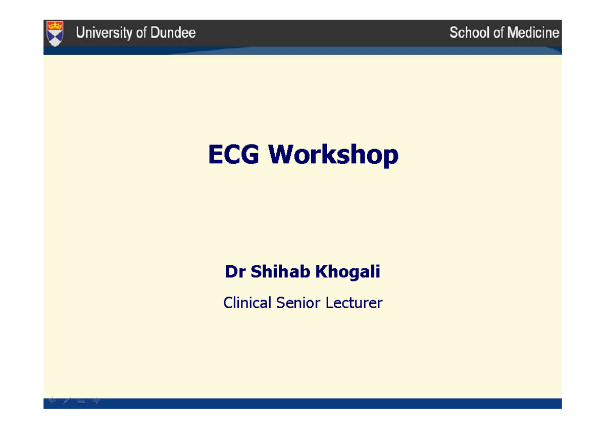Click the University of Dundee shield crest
(55, 33)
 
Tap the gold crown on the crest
(55, 26)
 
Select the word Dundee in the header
(173, 33)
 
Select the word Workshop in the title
(333, 155)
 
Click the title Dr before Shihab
(235, 272)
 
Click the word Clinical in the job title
(247, 303)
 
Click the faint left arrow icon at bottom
(52, 401)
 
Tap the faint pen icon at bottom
(67, 401)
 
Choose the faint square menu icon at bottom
(81, 401)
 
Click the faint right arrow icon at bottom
(96, 401)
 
